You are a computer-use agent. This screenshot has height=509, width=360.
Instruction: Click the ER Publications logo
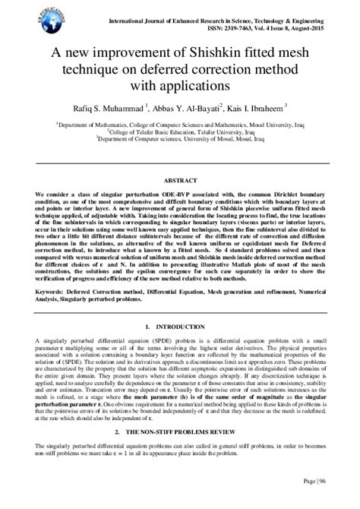click(x=24, y=17)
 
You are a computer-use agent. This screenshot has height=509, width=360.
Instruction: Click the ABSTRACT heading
click(x=180, y=182)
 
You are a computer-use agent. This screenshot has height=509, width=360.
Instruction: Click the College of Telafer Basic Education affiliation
click(x=179, y=131)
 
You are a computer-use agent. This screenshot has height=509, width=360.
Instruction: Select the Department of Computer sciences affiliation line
click(x=181, y=139)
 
